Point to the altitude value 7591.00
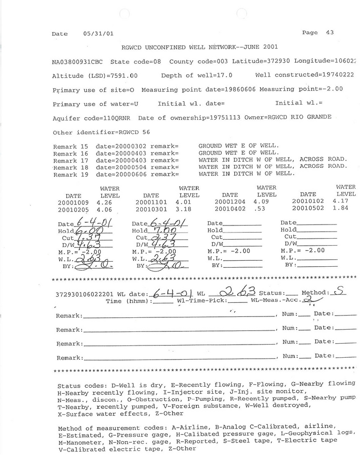tap(123, 75)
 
